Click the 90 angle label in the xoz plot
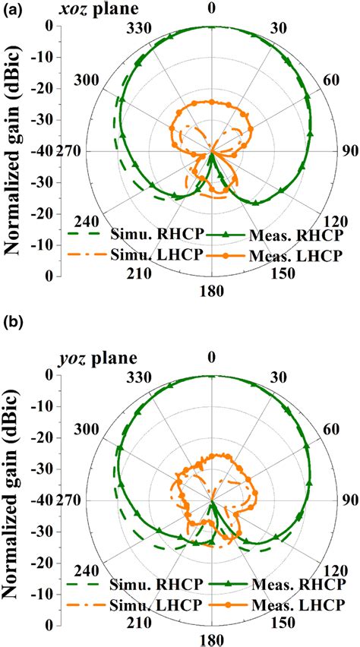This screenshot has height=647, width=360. point(346,151)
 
